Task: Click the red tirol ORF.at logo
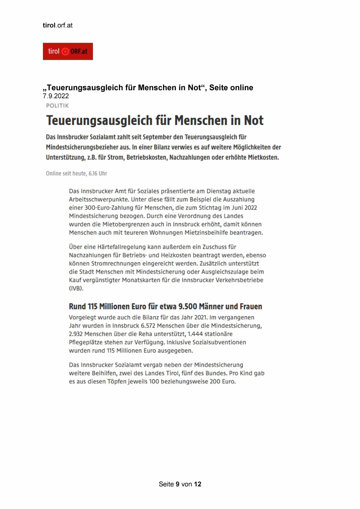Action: [68, 51]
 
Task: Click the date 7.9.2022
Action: [56, 96]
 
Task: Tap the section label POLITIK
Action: [57, 106]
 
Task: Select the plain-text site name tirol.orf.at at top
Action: [57, 25]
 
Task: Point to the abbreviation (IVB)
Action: [76, 288]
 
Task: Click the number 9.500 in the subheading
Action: [188, 306]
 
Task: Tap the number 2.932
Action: [76, 334]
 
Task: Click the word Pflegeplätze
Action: [85, 342]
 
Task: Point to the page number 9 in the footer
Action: [177, 484]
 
